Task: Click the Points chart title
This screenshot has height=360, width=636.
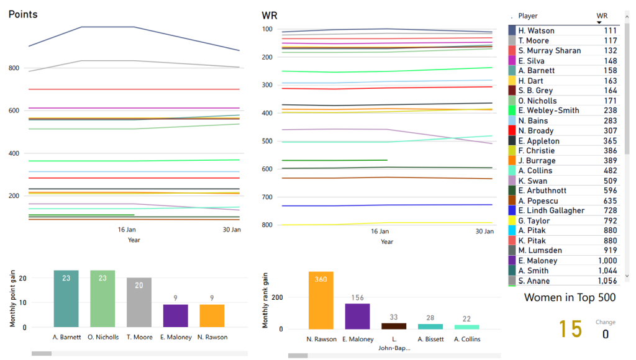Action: click(23, 14)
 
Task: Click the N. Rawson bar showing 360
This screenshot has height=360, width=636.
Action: click(320, 300)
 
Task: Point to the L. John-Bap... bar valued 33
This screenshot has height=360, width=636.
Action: click(394, 326)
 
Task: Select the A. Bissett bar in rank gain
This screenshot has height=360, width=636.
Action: click(430, 326)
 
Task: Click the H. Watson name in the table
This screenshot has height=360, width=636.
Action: click(536, 30)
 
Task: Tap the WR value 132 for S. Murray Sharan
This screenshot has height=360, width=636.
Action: click(611, 51)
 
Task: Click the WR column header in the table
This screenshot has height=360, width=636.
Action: click(601, 16)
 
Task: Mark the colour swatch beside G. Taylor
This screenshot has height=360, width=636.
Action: click(512, 221)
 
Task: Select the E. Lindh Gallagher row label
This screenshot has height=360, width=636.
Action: click(551, 211)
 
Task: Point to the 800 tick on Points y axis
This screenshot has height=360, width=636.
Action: click(15, 68)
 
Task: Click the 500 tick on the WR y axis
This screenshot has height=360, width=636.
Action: click(268, 141)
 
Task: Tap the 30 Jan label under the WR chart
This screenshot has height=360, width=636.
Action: click(484, 231)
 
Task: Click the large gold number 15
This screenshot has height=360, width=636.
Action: click(570, 330)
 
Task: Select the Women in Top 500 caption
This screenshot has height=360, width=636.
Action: click(570, 298)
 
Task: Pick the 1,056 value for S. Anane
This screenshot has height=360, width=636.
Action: click(607, 281)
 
